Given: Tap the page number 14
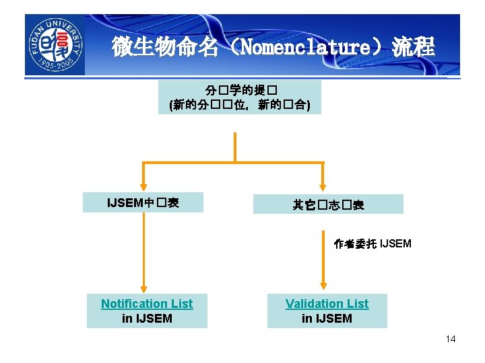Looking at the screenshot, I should (x=450, y=339).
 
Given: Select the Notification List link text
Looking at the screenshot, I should (x=147, y=304).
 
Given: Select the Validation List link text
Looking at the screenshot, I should (x=327, y=304).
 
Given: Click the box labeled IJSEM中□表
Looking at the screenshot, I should (x=143, y=202).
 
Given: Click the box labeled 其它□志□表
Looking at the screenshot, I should (x=328, y=204).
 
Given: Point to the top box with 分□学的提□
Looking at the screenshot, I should (x=239, y=97).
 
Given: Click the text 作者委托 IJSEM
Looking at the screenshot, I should (x=372, y=243).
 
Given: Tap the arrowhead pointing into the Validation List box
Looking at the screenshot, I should (x=324, y=286).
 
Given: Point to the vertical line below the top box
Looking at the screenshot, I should (x=234, y=147).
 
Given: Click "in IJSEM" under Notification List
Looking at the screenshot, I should (x=147, y=319).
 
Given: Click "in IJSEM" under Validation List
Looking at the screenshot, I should (x=327, y=319).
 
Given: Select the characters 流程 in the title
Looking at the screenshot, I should (x=414, y=47).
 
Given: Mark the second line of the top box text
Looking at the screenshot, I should (x=239, y=105).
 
